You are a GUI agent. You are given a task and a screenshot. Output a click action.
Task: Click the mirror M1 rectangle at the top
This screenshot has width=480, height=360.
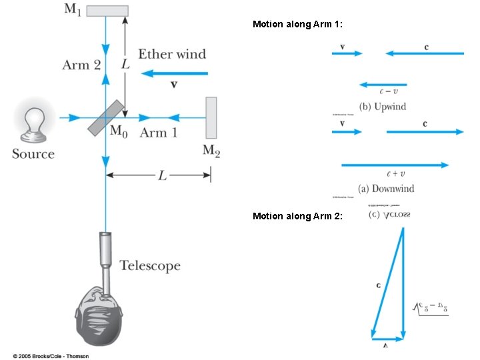coord(107,10)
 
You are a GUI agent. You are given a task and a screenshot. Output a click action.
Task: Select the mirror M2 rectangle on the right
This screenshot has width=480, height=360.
coord(211,117)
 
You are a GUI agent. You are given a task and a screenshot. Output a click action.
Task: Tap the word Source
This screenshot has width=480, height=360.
coord(33,154)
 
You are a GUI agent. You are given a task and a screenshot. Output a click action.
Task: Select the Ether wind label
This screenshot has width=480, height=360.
coord(172,54)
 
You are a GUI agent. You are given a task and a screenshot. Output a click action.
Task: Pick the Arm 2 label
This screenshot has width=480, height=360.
coord(81,65)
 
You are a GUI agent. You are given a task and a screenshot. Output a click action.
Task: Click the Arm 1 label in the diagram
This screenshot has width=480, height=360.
coord(158,133)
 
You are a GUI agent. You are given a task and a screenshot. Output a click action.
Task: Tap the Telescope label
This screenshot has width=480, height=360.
coord(150,266)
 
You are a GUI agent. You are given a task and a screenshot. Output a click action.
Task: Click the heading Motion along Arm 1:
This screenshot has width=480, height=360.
coord(297,24)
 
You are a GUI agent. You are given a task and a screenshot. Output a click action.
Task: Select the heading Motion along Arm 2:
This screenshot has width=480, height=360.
coord(297,216)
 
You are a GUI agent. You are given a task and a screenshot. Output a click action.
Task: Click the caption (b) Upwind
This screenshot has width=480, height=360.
coord(382,107)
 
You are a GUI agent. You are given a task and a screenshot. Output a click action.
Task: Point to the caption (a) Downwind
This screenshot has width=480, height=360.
coord(386,189)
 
